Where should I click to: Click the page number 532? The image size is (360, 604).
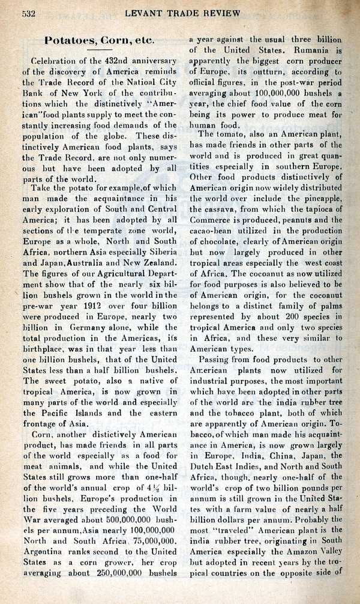[31, 13]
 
